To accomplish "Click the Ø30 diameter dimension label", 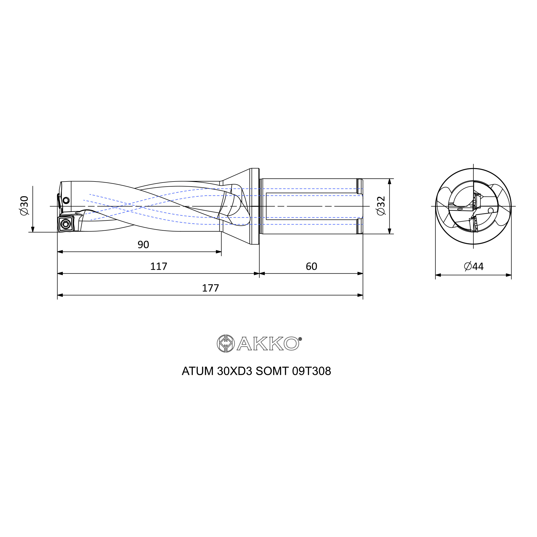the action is coord(24,205).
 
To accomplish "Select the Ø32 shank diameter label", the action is coord(381,206).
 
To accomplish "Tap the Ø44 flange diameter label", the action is coord(474,266).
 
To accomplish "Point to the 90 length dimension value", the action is coord(143,245).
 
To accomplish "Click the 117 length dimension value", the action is coord(159,266).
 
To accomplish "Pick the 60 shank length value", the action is coord(311,266).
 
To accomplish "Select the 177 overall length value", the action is coord(211,288).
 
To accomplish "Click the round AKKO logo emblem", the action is coord(226,344).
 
